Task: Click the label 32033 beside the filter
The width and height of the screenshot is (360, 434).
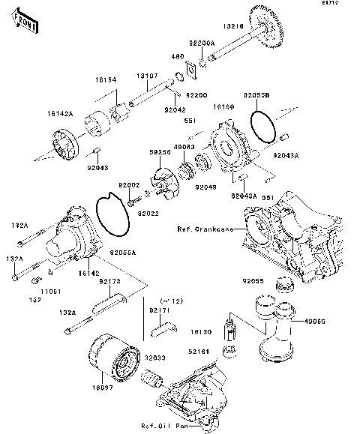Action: tap(154, 357)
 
